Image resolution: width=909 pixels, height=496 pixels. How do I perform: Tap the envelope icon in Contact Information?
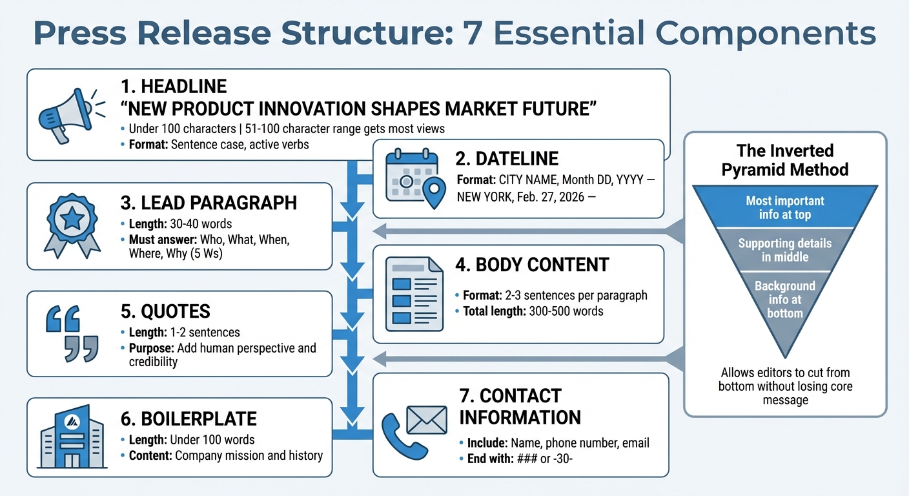pos(427,420)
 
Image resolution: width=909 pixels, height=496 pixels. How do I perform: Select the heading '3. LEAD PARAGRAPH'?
pos(209,202)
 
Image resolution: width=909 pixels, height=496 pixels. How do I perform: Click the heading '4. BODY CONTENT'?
pos(532,265)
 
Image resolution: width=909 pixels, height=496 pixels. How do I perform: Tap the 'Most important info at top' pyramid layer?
pos(784,208)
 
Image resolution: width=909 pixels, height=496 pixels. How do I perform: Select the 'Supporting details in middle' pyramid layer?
pos(784,251)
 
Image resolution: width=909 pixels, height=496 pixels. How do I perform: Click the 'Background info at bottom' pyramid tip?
pos(784,300)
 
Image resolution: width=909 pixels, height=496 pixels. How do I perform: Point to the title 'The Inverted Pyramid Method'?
pos(785,160)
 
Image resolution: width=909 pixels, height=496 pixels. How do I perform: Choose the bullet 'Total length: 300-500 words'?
pos(533,311)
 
